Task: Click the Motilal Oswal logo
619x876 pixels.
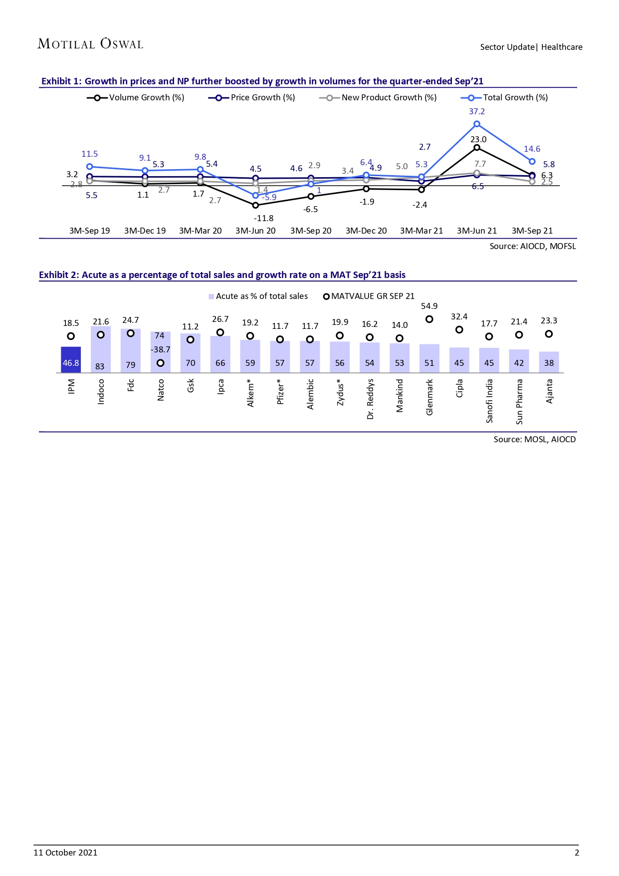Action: pos(90,44)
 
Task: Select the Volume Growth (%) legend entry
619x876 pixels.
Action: pos(136,98)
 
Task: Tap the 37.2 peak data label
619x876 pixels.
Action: pos(477,112)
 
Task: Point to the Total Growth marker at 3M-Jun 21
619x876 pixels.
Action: pos(477,124)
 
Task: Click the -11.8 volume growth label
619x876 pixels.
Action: pos(263,218)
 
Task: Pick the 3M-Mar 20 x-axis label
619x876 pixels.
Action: pos(200,231)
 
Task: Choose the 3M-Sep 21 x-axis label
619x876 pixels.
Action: pos(532,231)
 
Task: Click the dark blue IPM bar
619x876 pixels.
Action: pos(71,359)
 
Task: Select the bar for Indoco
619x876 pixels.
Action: pos(101,349)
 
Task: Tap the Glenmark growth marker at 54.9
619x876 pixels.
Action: pos(429,319)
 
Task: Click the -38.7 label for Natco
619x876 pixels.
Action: pos(160,349)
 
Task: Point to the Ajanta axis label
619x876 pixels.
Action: pos(549,391)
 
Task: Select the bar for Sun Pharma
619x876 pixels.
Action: pos(519,361)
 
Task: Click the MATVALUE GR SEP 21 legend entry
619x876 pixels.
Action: pos(369,296)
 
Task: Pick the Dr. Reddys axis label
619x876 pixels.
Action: pos(370,399)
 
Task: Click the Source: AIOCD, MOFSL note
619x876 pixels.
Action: pos(533,246)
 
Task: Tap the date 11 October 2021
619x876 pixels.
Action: pos(65,853)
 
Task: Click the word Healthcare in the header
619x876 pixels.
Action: pos(562,47)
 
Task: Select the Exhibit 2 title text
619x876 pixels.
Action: pos(222,275)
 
